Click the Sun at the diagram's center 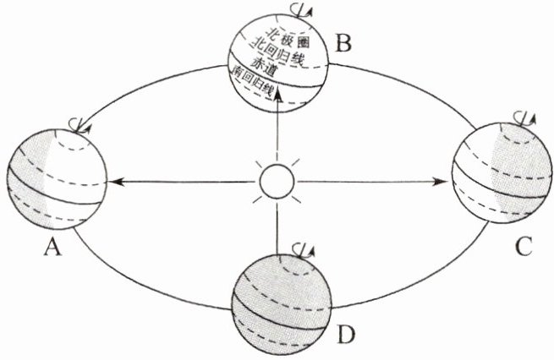tap(277, 181)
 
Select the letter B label tap(343, 42)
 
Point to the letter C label tap(523, 247)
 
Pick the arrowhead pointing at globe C tap(442, 180)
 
